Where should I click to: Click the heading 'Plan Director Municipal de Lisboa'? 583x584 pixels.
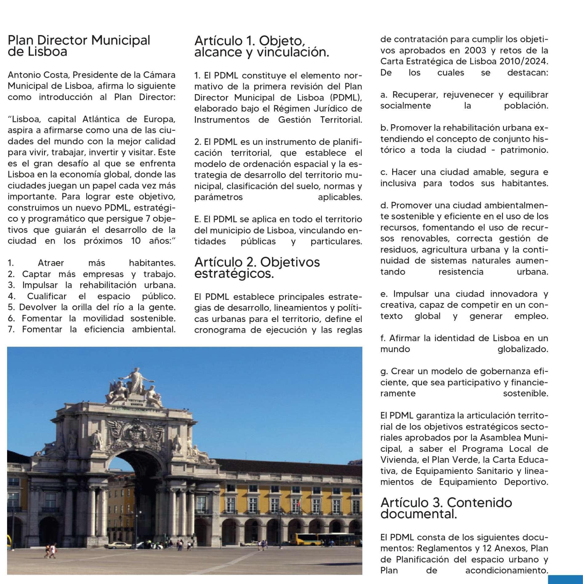[79, 46]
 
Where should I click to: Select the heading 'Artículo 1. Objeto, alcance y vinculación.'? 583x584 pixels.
[262, 46]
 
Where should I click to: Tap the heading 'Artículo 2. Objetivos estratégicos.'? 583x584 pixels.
[257, 267]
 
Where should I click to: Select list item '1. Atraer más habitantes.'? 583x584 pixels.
[91, 263]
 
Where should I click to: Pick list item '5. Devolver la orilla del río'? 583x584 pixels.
[91, 307]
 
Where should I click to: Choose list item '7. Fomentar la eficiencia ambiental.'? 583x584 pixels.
[91, 329]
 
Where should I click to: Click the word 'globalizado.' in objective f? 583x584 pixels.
[523, 349]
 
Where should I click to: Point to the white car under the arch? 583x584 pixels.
[118, 545]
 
